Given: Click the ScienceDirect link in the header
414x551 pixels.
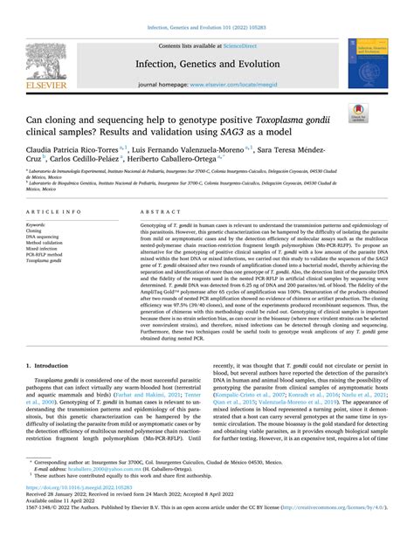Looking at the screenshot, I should click(247, 45).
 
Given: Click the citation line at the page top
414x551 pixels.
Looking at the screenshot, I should click(206, 28).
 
